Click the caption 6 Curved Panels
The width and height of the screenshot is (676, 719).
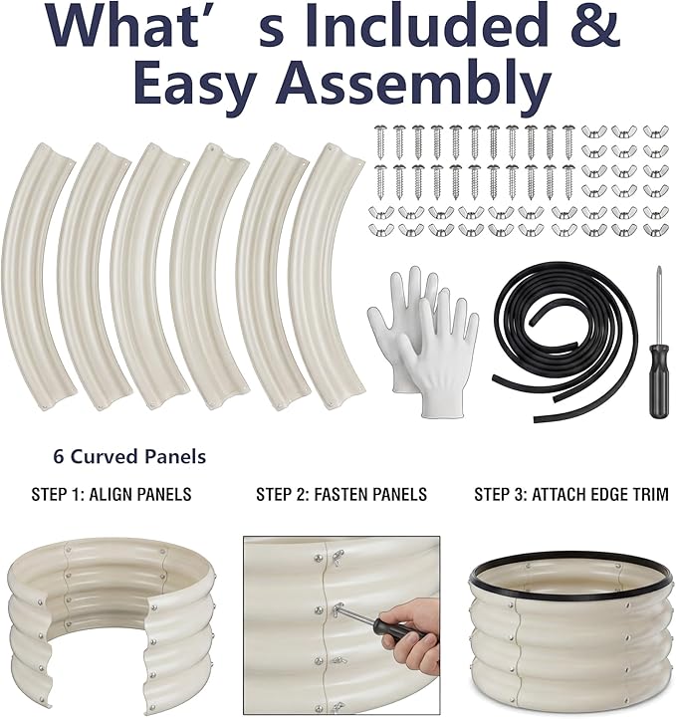(x=129, y=457)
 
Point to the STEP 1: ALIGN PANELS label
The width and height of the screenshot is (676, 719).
(x=112, y=494)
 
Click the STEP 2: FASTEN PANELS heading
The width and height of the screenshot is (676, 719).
(x=341, y=494)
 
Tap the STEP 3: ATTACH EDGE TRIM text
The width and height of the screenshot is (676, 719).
(x=571, y=494)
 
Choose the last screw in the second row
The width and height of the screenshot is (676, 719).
(x=568, y=181)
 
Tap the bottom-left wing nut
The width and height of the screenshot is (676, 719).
(x=379, y=228)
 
